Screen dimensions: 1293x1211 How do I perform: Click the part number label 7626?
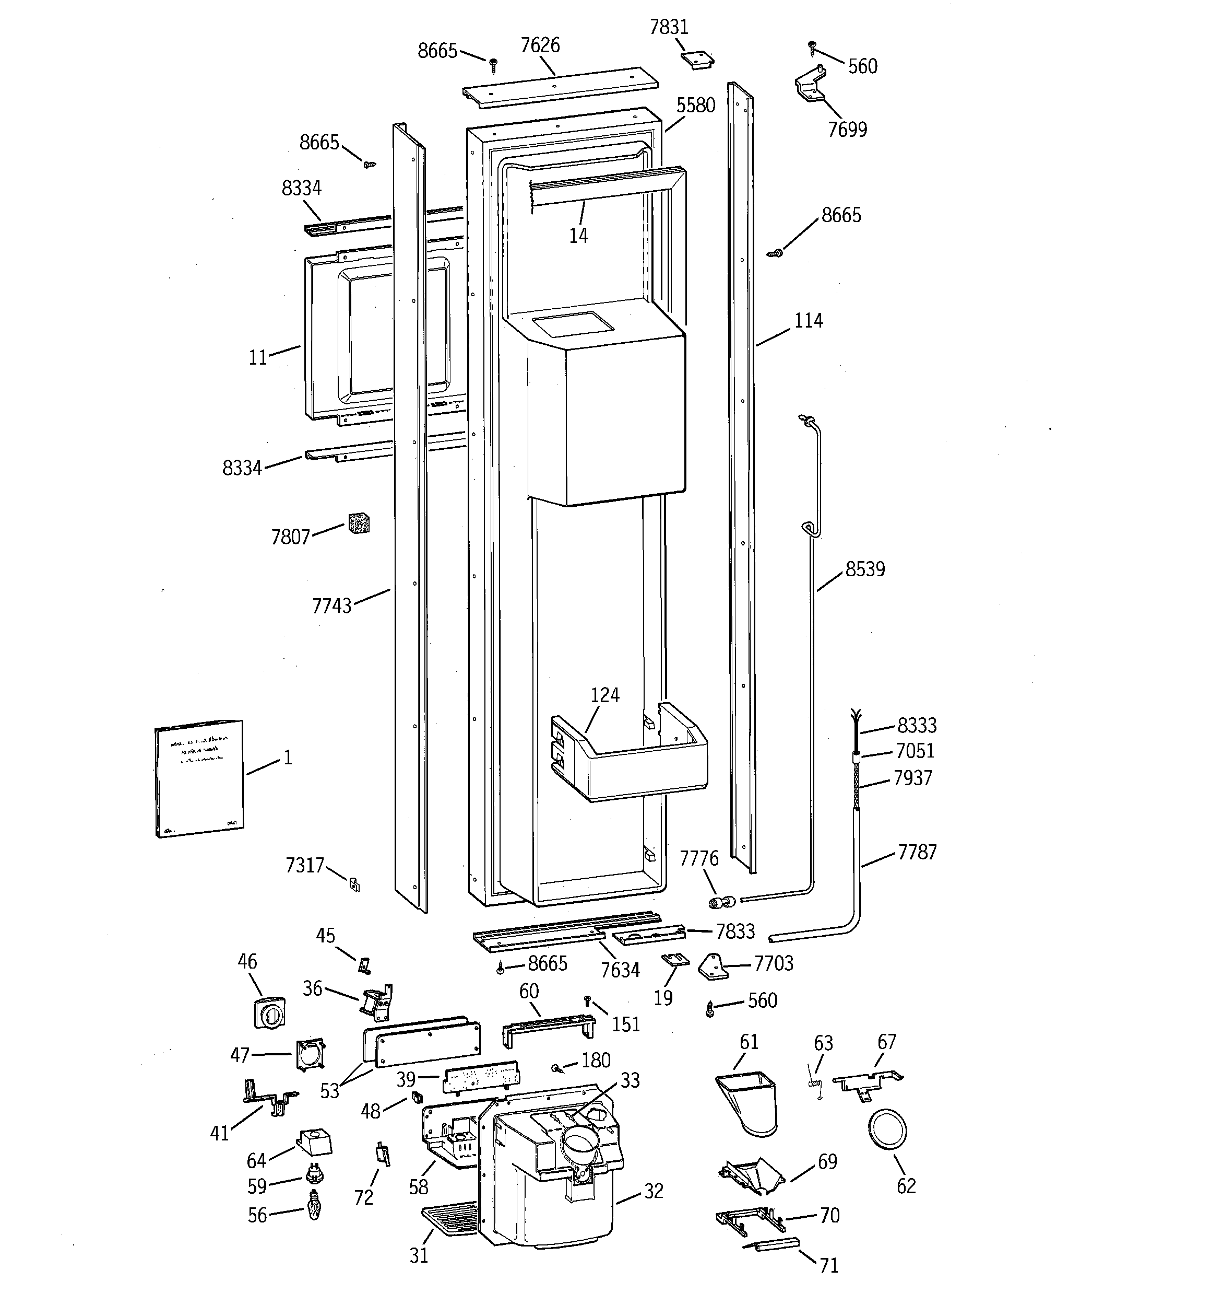pos(540,45)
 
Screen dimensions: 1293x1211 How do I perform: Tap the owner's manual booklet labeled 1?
pos(199,778)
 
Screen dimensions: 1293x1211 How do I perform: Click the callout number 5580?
pos(695,106)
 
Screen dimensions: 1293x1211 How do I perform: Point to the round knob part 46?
pos(269,1012)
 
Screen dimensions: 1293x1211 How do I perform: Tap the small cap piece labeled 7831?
pos(697,60)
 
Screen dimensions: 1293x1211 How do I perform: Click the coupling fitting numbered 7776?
pos(721,902)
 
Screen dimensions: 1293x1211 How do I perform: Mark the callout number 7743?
pos(331,606)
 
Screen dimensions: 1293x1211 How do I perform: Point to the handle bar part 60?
pos(548,1028)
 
